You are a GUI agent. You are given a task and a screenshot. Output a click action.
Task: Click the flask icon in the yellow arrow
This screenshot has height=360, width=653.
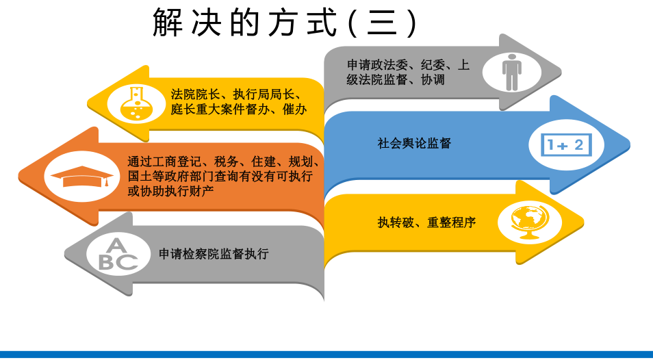(x=136, y=103)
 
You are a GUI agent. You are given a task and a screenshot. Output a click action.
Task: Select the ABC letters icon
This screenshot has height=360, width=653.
(x=118, y=255)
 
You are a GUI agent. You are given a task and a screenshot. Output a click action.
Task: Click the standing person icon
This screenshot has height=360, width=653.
(x=512, y=72)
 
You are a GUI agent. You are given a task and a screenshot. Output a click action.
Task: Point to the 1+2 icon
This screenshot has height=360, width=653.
(x=566, y=145)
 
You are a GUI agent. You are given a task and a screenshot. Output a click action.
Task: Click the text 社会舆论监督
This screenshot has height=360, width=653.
(x=414, y=144)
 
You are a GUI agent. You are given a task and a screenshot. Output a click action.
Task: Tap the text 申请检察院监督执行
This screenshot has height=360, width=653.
(x=214, y=254)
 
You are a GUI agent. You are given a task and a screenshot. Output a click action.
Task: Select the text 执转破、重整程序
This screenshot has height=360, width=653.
(x=426, y=222)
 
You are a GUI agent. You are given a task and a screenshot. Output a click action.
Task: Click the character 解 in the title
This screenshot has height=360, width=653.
(x=168, y=23)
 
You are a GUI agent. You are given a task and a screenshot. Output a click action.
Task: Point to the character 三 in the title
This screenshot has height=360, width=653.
(x=382, y=23)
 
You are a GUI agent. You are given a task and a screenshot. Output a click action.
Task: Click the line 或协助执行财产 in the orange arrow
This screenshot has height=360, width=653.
(x=170, y=191)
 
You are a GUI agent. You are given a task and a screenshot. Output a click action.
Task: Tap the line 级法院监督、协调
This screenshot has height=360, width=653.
(x=396, y=79)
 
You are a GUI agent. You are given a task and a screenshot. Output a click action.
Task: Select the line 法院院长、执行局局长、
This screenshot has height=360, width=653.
(x=236, y=94)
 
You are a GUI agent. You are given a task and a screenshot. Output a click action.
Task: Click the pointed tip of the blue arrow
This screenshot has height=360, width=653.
(x=630, y=145)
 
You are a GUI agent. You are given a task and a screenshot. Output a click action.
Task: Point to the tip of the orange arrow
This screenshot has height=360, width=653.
(x=19, y=177)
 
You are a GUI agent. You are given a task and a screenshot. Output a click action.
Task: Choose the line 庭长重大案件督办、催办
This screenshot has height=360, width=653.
(x=239, y=110)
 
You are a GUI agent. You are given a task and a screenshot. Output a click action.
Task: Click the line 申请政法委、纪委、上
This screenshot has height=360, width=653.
(x=408, y=65)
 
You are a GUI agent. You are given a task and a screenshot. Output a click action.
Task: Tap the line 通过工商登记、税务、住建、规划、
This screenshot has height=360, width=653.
(x=224, y=162)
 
